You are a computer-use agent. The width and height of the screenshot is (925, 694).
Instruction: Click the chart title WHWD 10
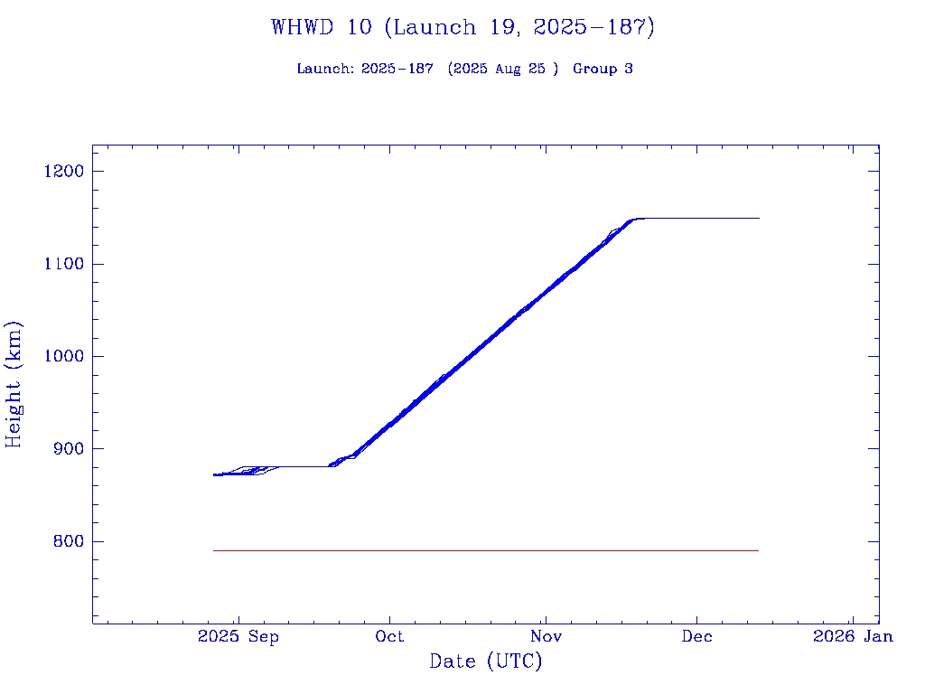[x=462, y=27]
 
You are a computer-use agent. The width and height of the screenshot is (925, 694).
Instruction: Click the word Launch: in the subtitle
[x=326, y=69]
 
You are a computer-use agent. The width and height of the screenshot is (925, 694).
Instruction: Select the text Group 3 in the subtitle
[x=603, y=69]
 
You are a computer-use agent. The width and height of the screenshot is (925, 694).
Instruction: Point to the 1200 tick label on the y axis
[x=62, y=172]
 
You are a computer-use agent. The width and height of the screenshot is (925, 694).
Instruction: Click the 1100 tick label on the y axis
[x=62, y=264]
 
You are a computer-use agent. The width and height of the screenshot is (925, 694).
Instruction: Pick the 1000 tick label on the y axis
[x=62, y=356]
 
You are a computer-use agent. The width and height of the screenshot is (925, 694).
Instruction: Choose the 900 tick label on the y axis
[x=67, y=449]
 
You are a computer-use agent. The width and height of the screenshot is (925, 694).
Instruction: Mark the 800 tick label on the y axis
[x=67, y=541]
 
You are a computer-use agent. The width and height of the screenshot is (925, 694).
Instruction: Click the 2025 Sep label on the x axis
[x=238, y=636]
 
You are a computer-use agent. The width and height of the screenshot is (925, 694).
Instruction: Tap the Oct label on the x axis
[x=390, y=636]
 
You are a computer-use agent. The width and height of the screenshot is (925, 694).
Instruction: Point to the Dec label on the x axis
[x=697, y=636]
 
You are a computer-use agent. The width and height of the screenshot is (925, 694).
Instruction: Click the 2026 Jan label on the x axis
[x=853, y=636]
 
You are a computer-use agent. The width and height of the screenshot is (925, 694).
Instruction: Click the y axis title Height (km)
[x=14, y=384]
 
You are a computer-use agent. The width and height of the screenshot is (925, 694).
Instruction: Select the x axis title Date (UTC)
[x=486, y=662]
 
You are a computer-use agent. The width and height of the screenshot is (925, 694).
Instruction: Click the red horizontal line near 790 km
[x=486, y=550]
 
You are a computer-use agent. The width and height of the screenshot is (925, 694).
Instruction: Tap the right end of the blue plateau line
[x=758, y=218]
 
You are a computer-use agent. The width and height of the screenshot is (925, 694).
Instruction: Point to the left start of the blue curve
[x=214, y=474]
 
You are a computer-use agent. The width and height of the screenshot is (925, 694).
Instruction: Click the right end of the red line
[x=757, y=550]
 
